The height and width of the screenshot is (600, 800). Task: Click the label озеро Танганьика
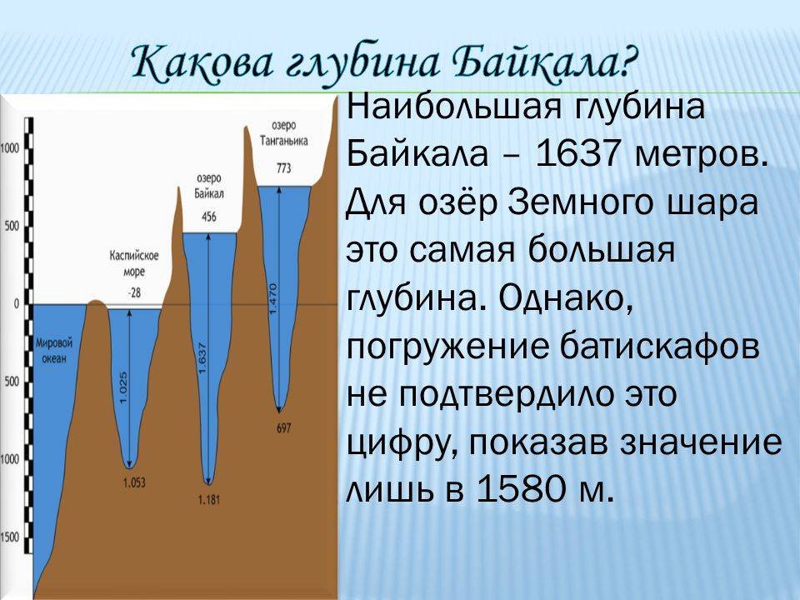[283, 132]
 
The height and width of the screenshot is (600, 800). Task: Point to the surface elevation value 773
[283, 167]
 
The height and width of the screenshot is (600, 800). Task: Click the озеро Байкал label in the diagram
[209, 186]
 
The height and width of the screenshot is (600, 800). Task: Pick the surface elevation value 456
[209, 217]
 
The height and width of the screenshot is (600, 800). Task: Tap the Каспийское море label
[134, 263]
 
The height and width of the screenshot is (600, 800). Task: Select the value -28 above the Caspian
[133, 292]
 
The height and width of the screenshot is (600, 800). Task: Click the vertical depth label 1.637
[202, 357]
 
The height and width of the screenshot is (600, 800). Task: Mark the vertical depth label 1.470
[273, 298]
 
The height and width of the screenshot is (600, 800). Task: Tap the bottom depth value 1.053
[134, 482]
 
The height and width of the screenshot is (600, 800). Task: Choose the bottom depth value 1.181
[209, 499]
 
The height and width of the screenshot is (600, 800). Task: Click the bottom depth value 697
[283, 427]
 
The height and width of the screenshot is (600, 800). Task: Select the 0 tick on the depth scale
[17, 304]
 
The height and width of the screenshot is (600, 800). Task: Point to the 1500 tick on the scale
[10, 537]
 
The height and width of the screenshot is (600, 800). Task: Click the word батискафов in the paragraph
[660, 346]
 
